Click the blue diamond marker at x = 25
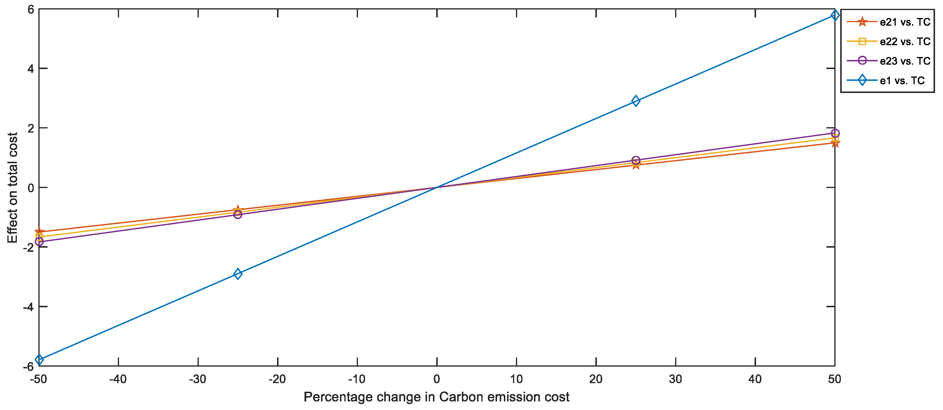pos(636,101)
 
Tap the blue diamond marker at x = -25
pos(238,274)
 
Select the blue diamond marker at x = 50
pos(835,15)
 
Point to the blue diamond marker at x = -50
pos(39,360)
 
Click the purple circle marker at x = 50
pos(835,133)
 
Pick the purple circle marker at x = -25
pos(238,214)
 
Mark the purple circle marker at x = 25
pos(636,160)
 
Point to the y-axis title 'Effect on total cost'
pos(12,188)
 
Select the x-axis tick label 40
pos(755,379)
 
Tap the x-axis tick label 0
pos(437,379)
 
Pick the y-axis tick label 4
pos(31,69)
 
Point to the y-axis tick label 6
pos(31,9)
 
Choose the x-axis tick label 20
pos(596,379)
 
